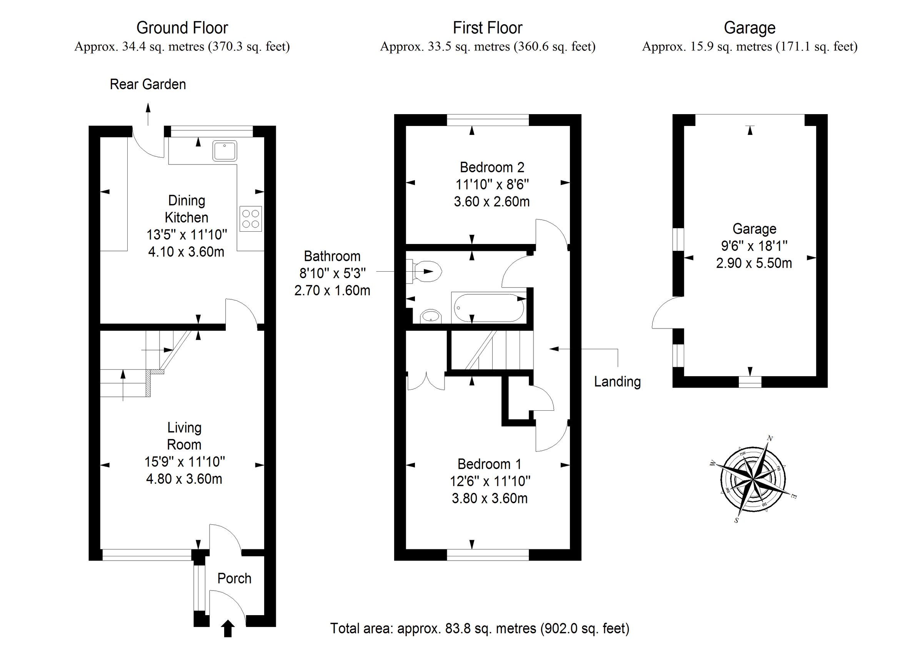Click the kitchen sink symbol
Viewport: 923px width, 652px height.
(225, 151)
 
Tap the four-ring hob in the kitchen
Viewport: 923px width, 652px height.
(250, 219)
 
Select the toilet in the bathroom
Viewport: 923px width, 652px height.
(427, 272)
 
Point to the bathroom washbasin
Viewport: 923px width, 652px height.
(431, 316)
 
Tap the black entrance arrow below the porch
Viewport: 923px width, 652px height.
(228, 628)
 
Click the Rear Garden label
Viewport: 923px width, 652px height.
(148, 85)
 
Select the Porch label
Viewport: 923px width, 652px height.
(234, 578)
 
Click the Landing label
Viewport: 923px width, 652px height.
(617, 381)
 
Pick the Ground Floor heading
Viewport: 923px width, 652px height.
(182, 28)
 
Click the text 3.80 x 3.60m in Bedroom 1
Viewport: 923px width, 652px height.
(489, 498)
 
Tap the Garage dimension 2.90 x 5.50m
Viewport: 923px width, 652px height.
(754, 263)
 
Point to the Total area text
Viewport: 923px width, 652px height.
(479, 628)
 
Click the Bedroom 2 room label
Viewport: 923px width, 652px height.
(491, 167)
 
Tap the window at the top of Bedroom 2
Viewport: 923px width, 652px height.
(488, 120)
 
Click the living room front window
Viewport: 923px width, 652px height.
(147, 555)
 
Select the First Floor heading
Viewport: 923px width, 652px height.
(487, 28)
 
